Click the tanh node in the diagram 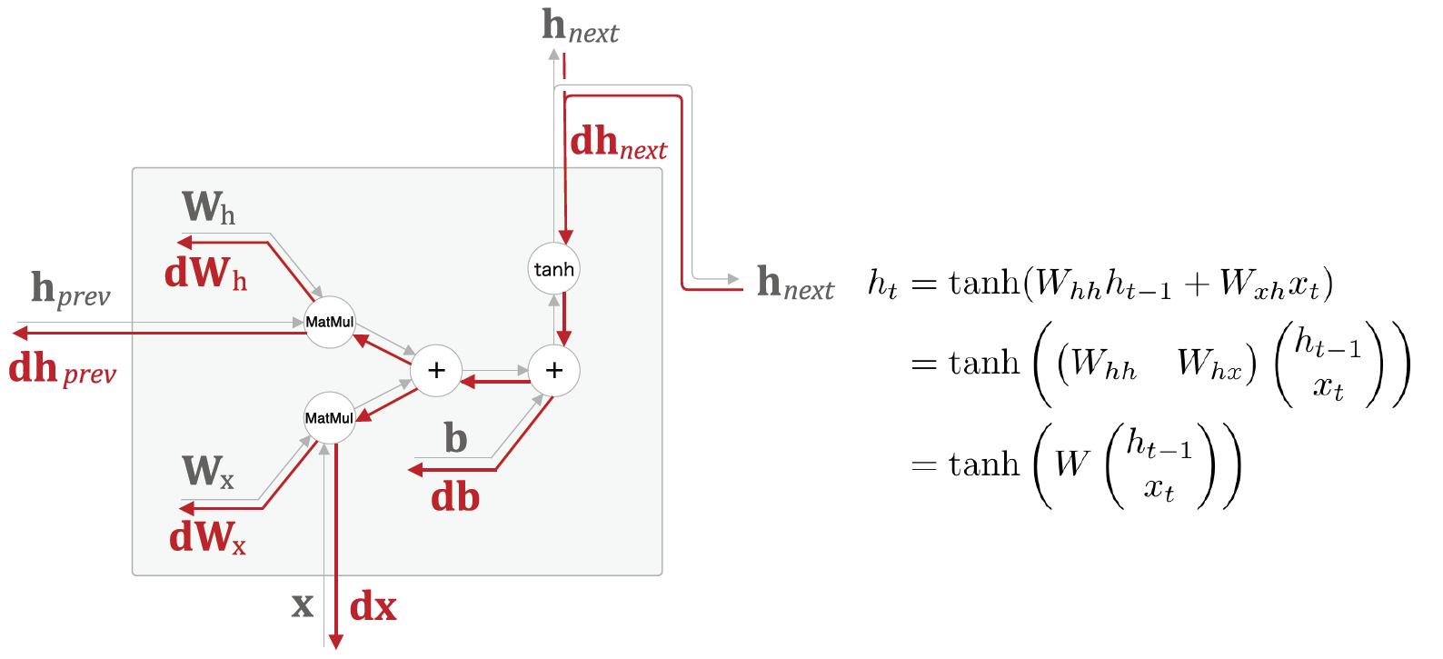pos(553,269)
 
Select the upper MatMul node pos(329,322)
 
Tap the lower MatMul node pos(329,418)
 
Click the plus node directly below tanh pos(553,370)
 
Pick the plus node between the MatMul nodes pos(436,370)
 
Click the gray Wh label pos(208,208)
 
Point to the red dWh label pos(205,273)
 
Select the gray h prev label pos(70,289)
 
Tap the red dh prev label pos(62,369)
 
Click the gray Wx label pos(208,472)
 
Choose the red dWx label pos(207,537)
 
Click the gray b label pos(455,439)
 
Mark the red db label pos(454,498)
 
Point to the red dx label pos(373,606)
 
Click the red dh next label pos(618,143)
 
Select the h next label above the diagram pos(580,26)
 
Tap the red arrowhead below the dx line pos(335,642)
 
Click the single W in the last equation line pos(1072,464)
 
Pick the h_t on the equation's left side pos(882,285)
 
